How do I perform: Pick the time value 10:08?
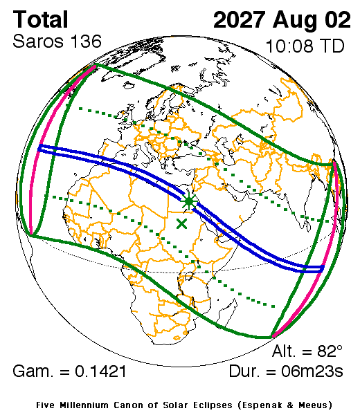point(289,47)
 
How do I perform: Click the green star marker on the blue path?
point(188,201)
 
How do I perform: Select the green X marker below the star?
point(182,223)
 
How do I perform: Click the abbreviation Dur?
point(248,372)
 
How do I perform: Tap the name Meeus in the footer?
point(314,404)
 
